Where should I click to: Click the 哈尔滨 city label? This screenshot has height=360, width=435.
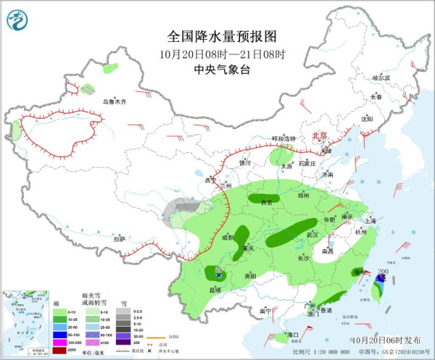click(x=381, y=78)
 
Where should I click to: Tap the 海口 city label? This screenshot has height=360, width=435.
click(x=293, y=335)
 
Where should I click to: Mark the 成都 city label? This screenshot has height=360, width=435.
click(x=228, y=237)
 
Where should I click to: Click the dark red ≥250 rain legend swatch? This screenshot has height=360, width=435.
click(x=60, y=351)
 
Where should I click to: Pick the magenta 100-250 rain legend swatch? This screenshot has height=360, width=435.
click(x=60, y=343)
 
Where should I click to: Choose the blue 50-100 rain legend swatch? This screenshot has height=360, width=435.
click(x=60, y=335)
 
